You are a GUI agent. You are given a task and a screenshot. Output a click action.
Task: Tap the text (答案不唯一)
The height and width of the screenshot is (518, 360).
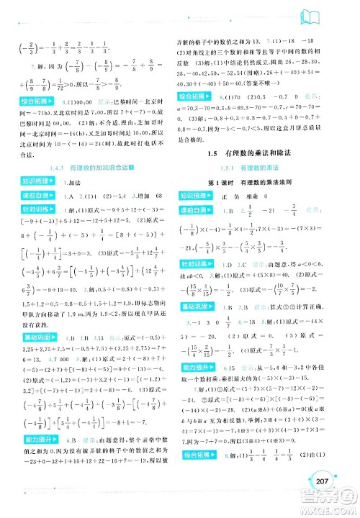pos(299,80)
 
